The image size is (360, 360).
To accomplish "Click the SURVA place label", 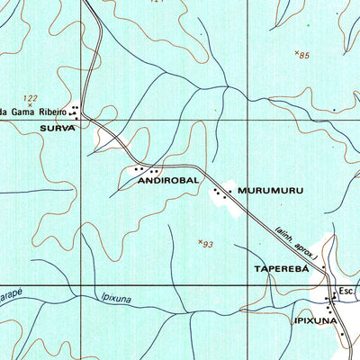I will click(56, 129).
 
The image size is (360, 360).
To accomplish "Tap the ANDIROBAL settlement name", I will click(167, 181).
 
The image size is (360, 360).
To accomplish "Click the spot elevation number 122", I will click(31, 98).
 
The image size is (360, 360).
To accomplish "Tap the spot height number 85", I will click(304, 56).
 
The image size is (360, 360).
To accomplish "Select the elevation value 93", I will click(208, 244).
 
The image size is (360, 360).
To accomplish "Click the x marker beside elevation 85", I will click(296, 54).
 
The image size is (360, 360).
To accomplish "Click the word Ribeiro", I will click(50, 112).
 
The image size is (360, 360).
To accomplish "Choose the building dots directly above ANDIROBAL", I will click(145, 169).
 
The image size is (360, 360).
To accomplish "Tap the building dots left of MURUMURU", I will click(219, 193).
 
